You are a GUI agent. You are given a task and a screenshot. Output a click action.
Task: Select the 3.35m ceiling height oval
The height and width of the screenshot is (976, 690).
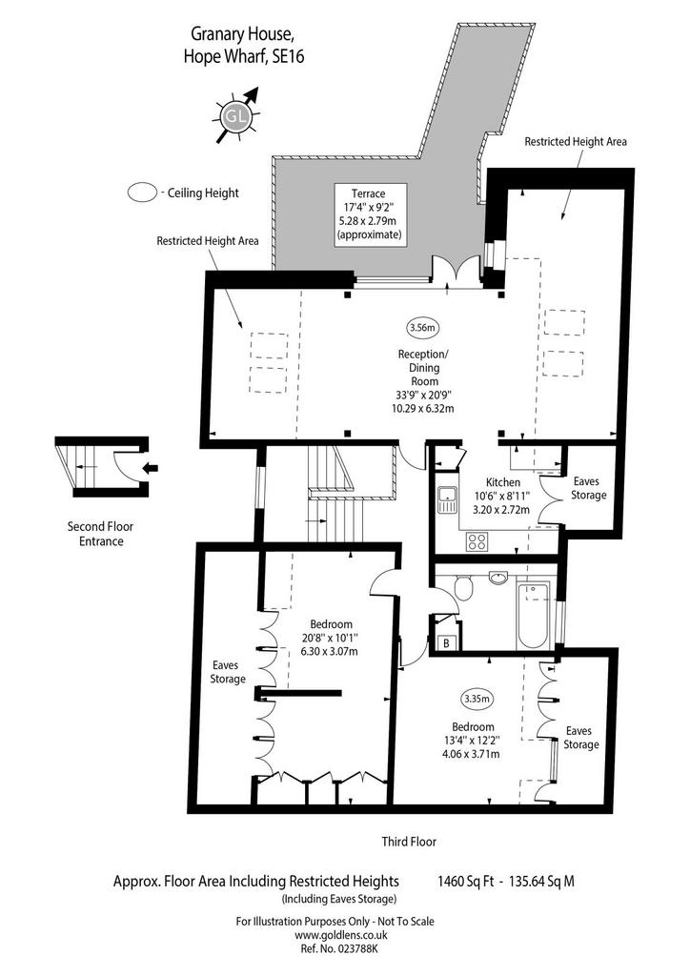tap(477, 699)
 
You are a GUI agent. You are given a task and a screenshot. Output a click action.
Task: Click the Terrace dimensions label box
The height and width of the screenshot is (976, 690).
tap(370, 214)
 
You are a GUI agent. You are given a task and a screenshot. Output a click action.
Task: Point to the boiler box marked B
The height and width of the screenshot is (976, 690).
tap(447, 643)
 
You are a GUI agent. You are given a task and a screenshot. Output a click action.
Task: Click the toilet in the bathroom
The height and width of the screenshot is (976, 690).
tap(462, 587)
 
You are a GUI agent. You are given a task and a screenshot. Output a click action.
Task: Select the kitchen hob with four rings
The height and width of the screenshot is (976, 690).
tap(477, 541)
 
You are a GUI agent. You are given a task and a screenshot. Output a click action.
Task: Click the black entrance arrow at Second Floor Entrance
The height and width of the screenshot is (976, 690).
tap(151, 467)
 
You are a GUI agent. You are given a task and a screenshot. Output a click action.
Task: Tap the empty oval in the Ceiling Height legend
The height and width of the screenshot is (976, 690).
tap(143, 193)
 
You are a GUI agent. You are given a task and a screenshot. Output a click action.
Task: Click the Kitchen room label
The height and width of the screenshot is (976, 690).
tap(502, 481)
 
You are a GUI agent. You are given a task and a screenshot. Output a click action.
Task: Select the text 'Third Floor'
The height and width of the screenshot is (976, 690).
tap(409, 842)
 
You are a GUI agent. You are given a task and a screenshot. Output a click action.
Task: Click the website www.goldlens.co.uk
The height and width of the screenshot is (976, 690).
tap(341, 935)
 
